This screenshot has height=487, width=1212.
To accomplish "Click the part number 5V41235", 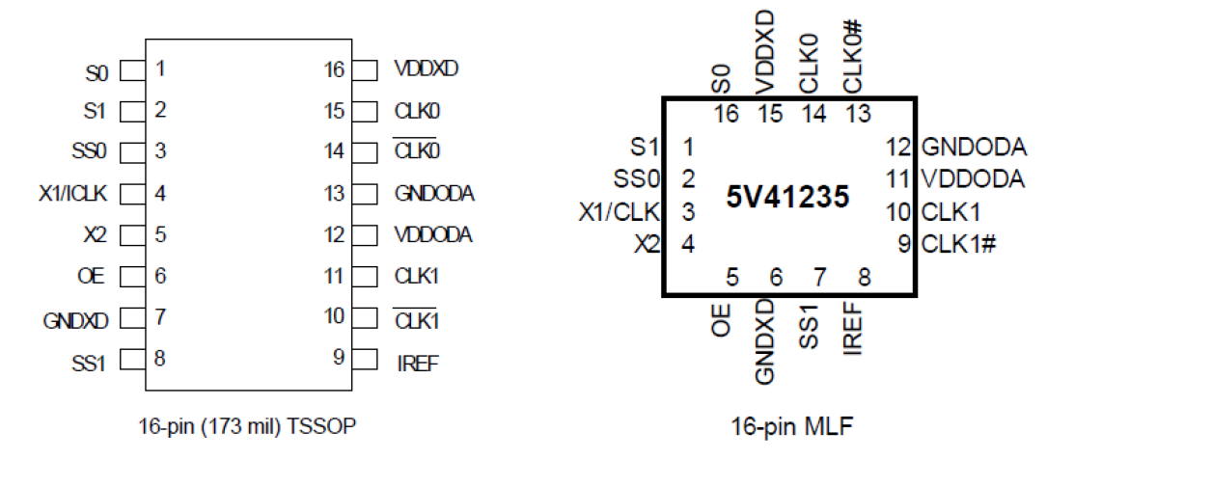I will click(x=787, y=198).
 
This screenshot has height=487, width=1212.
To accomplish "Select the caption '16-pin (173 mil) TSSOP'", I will click(x=247, y=425).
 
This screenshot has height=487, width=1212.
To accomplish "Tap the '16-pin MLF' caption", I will click(x=791, y=425).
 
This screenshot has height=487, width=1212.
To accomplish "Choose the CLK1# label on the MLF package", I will click(x=958, y=244).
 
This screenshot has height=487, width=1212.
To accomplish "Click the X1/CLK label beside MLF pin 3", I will click(x=619, y=212).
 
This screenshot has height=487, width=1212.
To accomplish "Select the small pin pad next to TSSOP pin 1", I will click(x=132, y=70).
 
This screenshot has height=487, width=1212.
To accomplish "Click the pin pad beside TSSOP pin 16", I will click(x=365, y=70).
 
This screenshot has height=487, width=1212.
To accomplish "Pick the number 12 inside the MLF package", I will click(x=898, y=148).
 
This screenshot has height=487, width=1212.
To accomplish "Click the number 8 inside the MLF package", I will click(x=864, y=279).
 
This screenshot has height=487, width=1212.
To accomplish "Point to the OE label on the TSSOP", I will click(x=95, y=277).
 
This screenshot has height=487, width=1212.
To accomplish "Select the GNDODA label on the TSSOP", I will click(x=434, y=194).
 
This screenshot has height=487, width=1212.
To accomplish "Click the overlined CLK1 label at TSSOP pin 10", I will click(x=417, y=318).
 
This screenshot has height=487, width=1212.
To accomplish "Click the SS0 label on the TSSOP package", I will click(x=91, y=152).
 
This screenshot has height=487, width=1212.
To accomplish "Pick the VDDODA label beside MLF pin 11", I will click(x=973, y=179).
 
